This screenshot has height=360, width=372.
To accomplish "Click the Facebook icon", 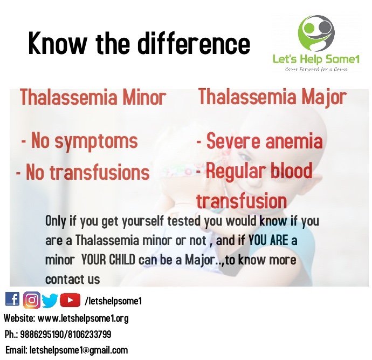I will pyautogui.click(x=12, y=300).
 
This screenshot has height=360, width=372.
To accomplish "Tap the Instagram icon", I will pyautogui.click(x=32, y=300).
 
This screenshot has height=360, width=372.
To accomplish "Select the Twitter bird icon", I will pyautogui.click(x=50, y=300).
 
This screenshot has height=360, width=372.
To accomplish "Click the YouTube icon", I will pyautogui.click(x=70, y=300).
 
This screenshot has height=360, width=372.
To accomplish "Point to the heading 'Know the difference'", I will pyautogui.click(x=139, y=43).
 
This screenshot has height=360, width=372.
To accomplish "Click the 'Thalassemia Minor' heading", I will pyautogui.click(x=93, y=98).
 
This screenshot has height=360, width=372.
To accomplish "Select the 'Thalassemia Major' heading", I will pyautogui.click(x=272, y=98).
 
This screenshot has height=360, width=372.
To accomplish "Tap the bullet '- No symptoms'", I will pyautogui.click(x=79, y=141).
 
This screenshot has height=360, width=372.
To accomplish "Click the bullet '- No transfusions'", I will pyautogui.click(x=82, y=172).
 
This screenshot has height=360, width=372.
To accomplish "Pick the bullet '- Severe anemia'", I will pyautogui.click(x=259, y=141).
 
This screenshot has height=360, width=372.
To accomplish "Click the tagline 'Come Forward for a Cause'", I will pyautogui.click(x=316, y=69).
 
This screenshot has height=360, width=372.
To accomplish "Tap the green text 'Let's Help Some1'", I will pyautogui.click(x=316, y=59).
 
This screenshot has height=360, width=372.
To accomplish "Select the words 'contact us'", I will pyautogui.click(x=72, y=279).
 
